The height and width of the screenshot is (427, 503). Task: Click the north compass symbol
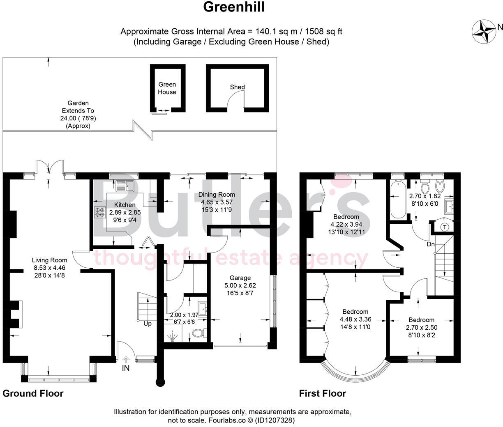[484, 32]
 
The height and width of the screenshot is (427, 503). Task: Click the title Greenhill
[234, 7]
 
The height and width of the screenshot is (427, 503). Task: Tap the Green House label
[167, 88]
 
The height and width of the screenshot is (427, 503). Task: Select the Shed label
[237, 87]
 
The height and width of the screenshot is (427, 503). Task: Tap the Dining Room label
[217, 195]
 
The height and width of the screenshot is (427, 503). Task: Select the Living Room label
[49, 260]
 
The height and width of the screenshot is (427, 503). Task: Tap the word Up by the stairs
[147, 324]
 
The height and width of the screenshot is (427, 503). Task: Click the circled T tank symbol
[444, 227]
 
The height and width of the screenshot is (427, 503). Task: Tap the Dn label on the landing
[430, 244]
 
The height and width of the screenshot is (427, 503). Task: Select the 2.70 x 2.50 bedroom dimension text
[421, 328]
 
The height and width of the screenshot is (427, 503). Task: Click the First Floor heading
[322, 393]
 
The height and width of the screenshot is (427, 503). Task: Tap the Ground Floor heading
[33, 393]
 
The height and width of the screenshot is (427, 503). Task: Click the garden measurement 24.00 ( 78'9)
[78, 118]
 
